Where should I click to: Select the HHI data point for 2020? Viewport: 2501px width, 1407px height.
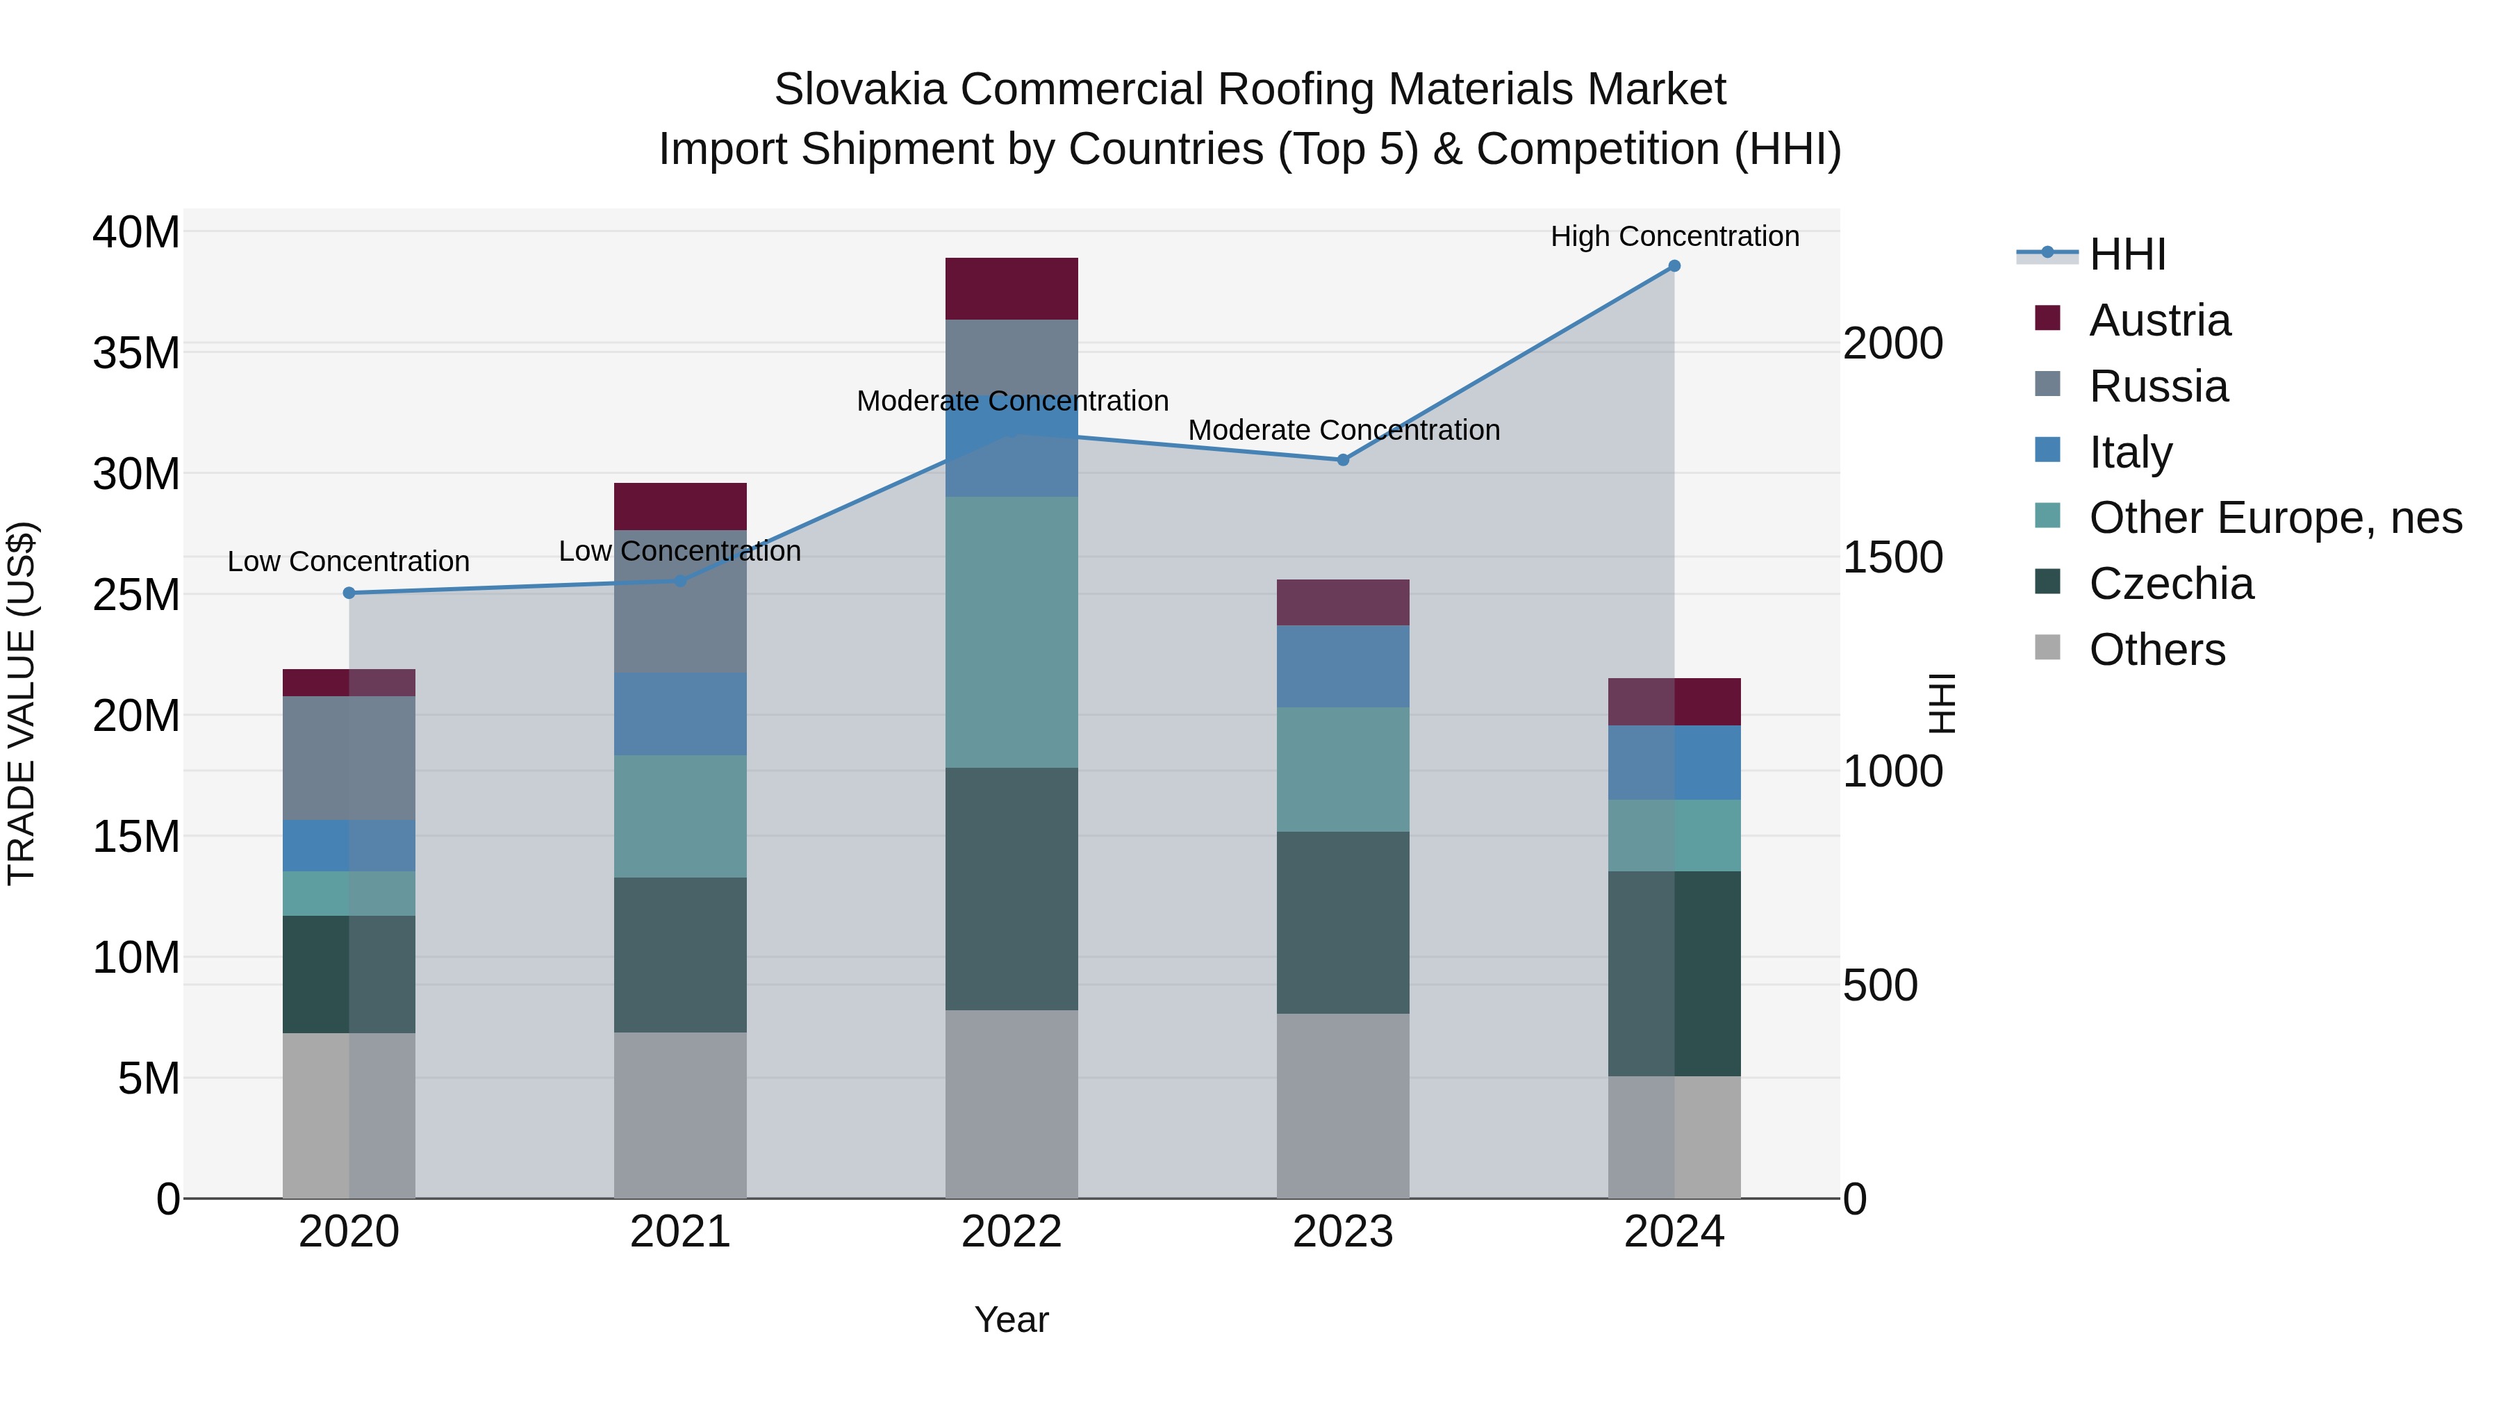click(x=349, y=593)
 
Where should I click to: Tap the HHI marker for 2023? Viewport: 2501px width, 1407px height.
click(x=1343, y=460)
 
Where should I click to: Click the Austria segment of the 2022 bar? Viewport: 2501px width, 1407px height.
click(x=1012, y=288)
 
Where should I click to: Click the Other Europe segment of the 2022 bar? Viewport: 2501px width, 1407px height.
click(x=1012, y=632)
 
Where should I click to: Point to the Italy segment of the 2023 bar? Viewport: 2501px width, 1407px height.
click(x=1343, y=666)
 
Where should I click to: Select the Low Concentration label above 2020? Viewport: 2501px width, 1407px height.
click(x=349, y=561)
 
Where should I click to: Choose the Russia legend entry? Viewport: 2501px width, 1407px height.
click(x=2157, y=386)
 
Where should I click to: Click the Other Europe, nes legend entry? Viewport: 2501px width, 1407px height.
click(x=2274, y=518)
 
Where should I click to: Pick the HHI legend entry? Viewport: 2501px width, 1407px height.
click(x=2127, y=254)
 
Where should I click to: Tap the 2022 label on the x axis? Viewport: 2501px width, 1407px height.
click(x=1012, y=1232)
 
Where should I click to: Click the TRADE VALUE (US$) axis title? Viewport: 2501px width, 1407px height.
click(x=22, y=703)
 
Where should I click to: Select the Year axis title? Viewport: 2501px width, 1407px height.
click(x=1012, y=1319)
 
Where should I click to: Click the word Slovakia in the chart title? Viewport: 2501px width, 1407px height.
click(x=859, y=90)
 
